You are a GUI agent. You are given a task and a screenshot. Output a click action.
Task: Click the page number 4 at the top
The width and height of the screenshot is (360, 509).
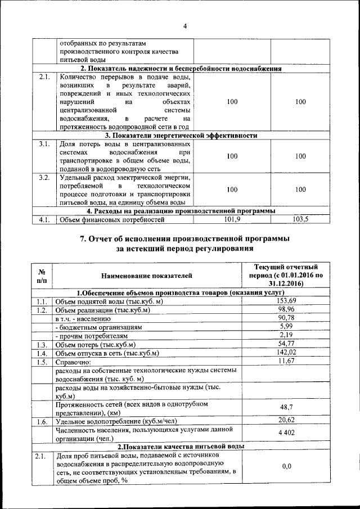(x=184, y=25)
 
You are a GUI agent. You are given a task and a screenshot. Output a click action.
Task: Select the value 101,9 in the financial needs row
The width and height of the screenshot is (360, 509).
(x=232, y=219)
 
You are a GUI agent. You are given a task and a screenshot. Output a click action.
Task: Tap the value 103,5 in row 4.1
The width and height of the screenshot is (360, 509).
(x=301, y=219)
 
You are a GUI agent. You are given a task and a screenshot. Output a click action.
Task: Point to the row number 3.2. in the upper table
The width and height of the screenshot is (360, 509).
(x=44, y=178)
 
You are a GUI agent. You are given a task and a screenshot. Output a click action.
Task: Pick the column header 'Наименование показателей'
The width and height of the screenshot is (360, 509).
(x=147, y=276)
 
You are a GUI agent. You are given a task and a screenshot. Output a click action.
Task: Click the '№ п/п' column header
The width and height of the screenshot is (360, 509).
(x=42, y=276)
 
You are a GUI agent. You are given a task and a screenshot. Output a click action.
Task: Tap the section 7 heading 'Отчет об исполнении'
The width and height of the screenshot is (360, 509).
(x=184, y=238)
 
